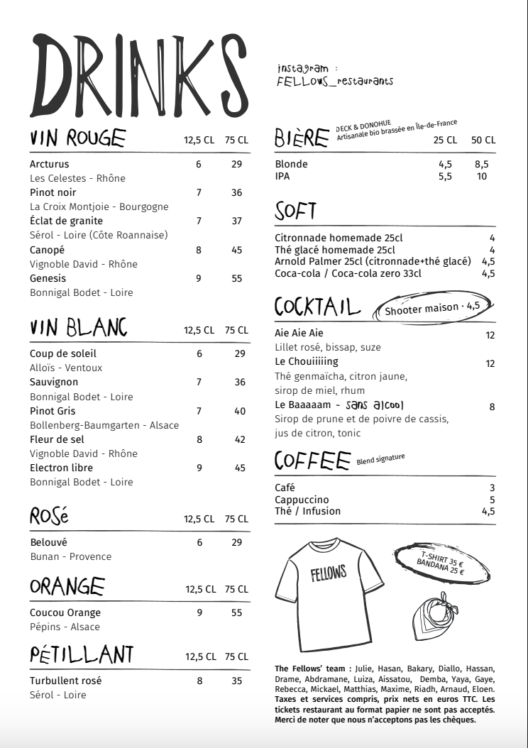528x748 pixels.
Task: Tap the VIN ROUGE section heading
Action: coord(78,138)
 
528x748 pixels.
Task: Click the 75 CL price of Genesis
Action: coord(237,278)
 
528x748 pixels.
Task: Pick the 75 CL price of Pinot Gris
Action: coord(239,411)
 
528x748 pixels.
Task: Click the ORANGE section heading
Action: coord(67,587)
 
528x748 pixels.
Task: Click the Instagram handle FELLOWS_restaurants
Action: coord(335,82)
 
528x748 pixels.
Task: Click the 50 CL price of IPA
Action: coord(482,177)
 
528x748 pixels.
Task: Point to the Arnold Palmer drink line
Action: coord(372,261)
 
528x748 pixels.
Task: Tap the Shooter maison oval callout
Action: coord(432,307)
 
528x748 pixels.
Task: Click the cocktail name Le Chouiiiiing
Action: coord(307,362)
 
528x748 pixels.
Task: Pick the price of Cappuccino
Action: coord(492,500)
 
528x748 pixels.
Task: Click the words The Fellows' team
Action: coord(312,669)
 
